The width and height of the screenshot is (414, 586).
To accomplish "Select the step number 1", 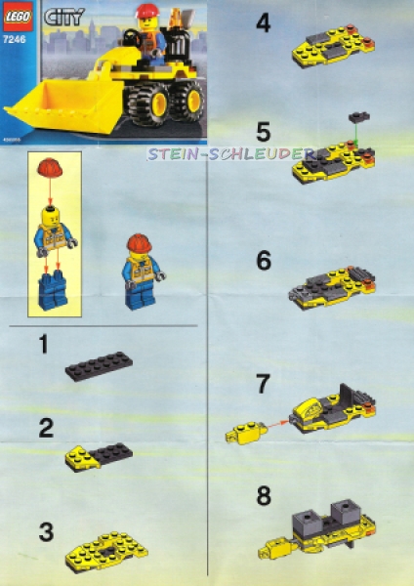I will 44,344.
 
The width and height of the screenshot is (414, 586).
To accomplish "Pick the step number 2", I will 46,427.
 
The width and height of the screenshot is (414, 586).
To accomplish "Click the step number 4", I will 263,22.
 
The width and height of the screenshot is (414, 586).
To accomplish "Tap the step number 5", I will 263,130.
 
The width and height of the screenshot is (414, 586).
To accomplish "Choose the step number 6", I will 263,261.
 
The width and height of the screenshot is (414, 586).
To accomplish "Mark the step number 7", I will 263,384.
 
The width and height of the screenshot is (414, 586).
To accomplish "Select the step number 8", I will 263,495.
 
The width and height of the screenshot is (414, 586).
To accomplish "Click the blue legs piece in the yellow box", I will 48,291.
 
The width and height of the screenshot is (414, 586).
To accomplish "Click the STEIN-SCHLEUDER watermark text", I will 230,154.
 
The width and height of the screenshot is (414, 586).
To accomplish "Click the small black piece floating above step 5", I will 359,117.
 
